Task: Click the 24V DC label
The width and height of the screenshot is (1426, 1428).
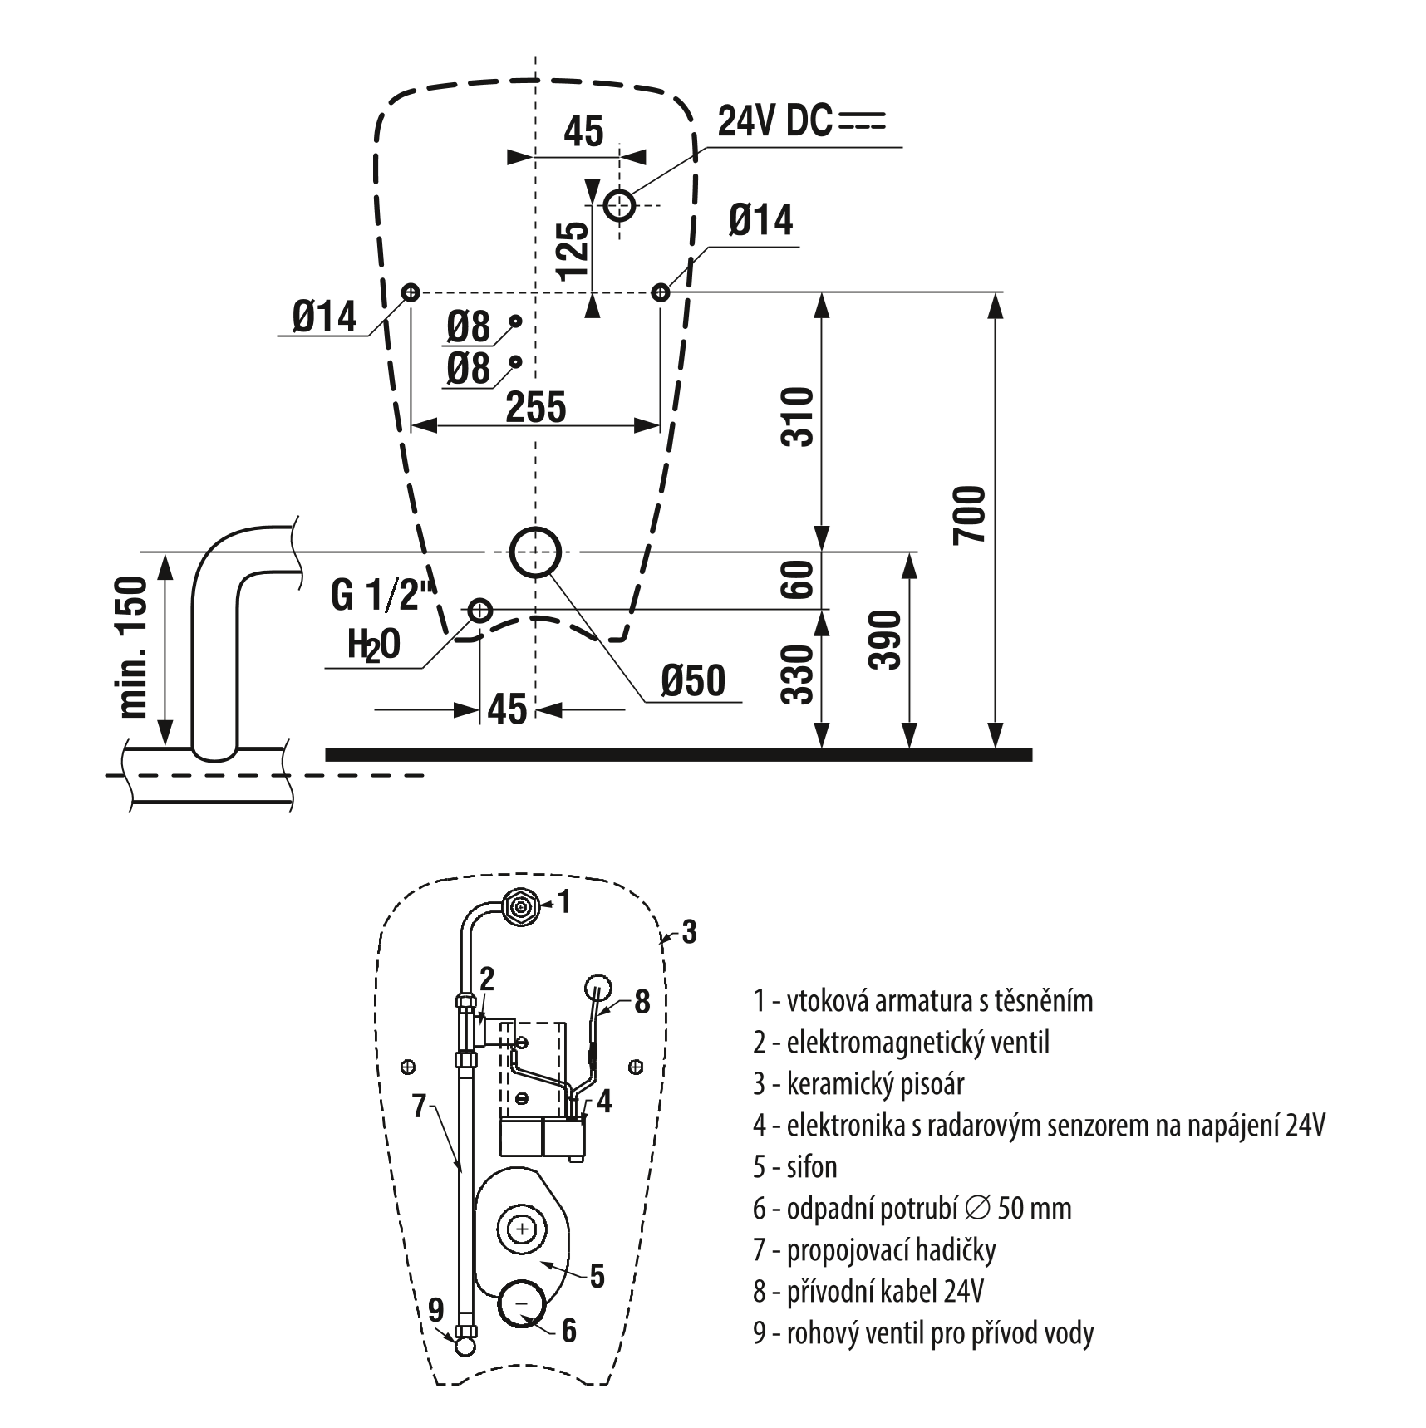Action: pyautogui.click(x=774, y=122)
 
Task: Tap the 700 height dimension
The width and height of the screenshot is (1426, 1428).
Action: pyautogui.click(x=969, y=516)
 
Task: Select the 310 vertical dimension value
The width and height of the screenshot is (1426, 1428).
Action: pyautogui.click(x=798, y=417)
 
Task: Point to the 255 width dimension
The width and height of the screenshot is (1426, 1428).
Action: pyautogui.click(x=535, y=407)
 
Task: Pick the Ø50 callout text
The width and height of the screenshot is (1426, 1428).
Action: pyautogui.click(x=693, y=681)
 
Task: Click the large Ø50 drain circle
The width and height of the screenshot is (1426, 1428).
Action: pyautogui.click(x=535, y=552)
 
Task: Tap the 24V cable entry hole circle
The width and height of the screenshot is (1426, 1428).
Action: pyautogui.click(x=619, y=204)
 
